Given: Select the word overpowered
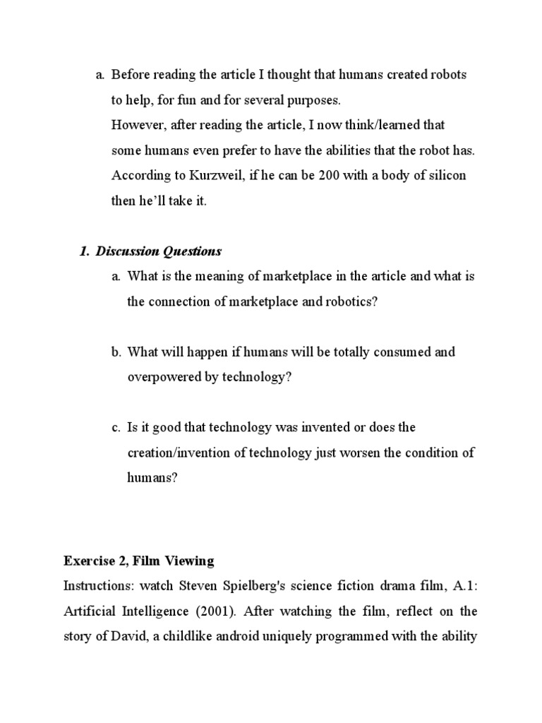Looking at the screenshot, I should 163,377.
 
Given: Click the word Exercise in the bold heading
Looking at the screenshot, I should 88,561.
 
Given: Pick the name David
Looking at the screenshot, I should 110,637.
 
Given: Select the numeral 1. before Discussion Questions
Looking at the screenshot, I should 85,251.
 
